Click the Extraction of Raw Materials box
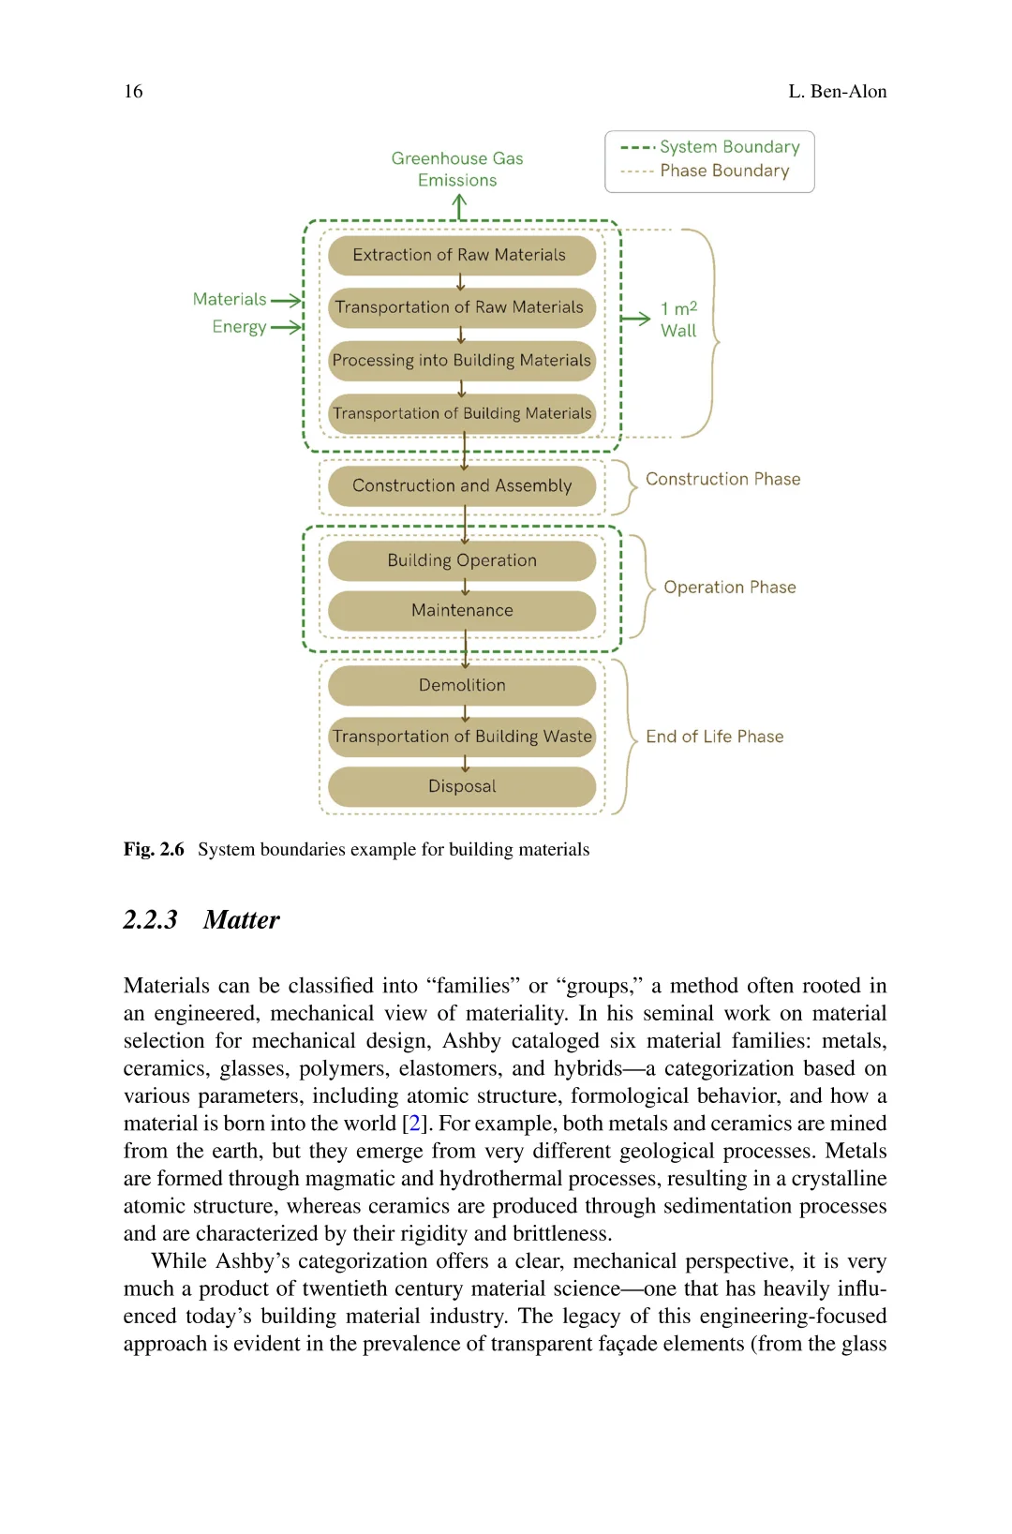[x=461, y=255]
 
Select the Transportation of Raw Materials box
[x=461, y=307]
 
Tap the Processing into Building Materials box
[x=461, y=361]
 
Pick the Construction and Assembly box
[x=461, y=486]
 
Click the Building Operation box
[x=461, y=560]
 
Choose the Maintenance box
[x=461, y=610]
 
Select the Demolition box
[x=461, y=685]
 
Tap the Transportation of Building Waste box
[x=461, y=737]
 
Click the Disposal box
[x=461, y=786]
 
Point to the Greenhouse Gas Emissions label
[x=457, y=170]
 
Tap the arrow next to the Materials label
[x=286, y=300]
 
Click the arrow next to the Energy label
[x=286, y=327]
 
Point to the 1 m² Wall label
[x=678, y=320]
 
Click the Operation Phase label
[x=729, y=588]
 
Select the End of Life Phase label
[x=714, y=737]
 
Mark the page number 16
[x=133, y=92]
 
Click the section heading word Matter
[x=241, y=920]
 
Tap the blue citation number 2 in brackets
[x=414, y=1124]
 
